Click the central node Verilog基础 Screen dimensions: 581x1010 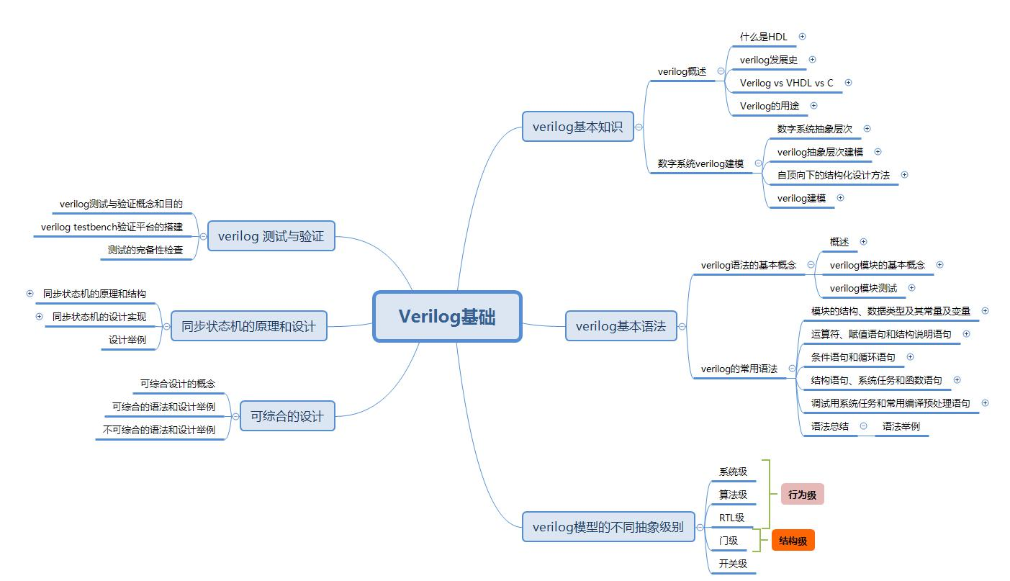tap(447, 317)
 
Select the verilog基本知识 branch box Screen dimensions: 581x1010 tap(577, 127)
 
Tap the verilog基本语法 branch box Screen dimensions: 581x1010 tap(621, 326)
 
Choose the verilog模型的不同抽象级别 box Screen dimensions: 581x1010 tap(608, 526)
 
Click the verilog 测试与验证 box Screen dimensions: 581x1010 tap(271, 236)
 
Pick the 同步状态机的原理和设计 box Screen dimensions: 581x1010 tap(248, 326)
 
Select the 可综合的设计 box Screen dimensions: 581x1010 tap(287, 416)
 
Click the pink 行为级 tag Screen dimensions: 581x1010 tap(802, 495)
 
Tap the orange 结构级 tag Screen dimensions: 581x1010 tap(793, 541)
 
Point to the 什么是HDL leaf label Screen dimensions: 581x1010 tap(763, 37)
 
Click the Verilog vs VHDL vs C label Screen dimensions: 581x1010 tap(786, 83)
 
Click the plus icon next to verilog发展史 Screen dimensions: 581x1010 tap(813, 60)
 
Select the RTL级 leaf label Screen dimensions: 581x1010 tap(731, 518)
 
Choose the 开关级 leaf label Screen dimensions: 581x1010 tap(733, 564)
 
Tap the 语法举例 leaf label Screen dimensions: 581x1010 tap(901, 426)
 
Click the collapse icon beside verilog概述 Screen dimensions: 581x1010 tap(721, 71)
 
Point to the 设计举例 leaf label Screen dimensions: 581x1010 tap(127, 340)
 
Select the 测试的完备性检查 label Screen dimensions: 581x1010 tap(145, 250)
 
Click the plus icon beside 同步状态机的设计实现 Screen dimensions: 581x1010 tap(40, 317)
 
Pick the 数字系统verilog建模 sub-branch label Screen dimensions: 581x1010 tap(700, 163)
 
